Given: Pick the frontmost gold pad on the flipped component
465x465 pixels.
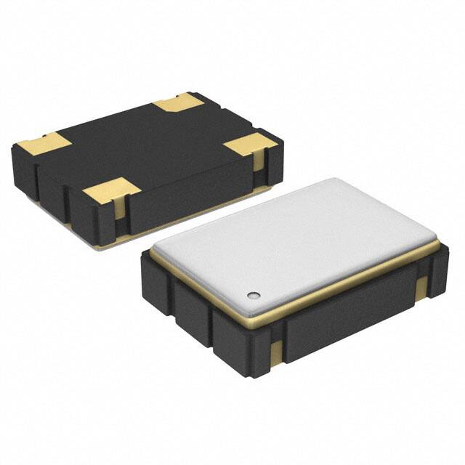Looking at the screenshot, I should pyautogui.click(x=110, y=191).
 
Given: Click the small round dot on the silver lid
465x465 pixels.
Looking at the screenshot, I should pyautogui.click(x=253, y=294).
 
